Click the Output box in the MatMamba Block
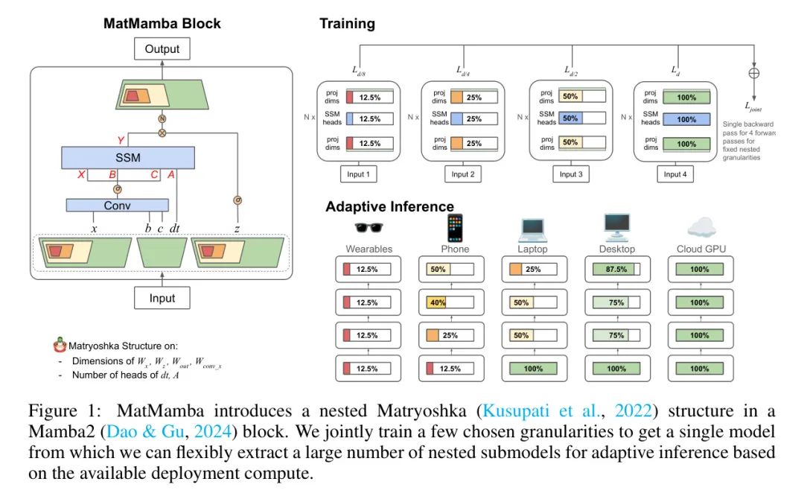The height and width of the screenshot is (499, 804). coord(162,50)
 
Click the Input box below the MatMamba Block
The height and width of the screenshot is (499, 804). coord(162,298)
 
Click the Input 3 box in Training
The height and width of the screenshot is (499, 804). coord(568,174)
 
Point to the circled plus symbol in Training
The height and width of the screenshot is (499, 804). coord(754,74)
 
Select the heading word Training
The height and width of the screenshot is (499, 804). coord(347,24)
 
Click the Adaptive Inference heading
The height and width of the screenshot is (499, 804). coord(389,206)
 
